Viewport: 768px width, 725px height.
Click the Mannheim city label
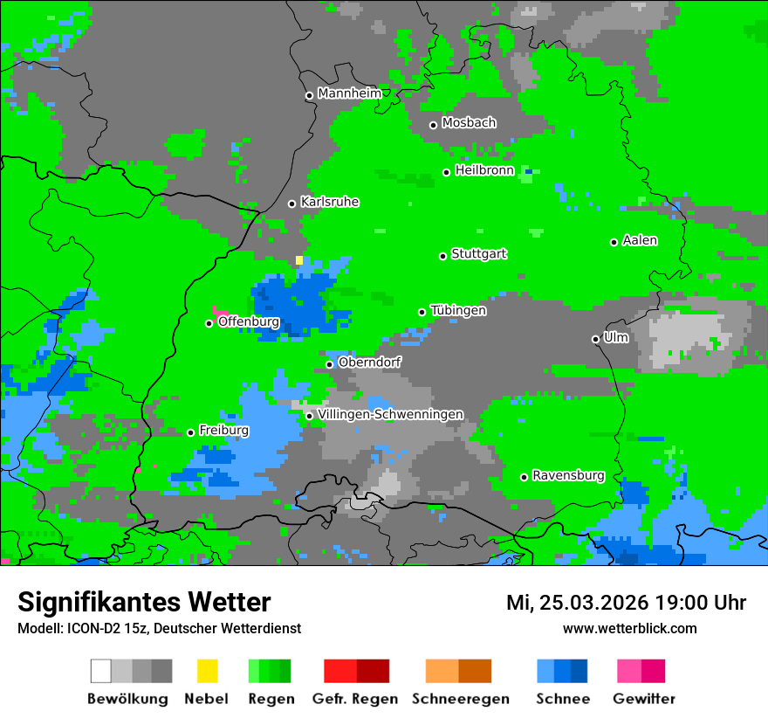(350, 93)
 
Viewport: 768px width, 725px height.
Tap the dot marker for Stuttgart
(443, 256)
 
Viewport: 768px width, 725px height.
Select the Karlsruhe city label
(330, 202)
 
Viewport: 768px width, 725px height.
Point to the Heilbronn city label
(484, 170)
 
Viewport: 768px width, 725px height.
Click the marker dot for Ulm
(596, 339)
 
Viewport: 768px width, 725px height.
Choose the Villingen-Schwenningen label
(391, 414)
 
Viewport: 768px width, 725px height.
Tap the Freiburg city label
(223, 431)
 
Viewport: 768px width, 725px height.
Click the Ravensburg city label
(568, 476)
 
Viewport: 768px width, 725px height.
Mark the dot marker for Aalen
(614, 242)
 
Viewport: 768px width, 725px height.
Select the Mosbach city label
(469, 123)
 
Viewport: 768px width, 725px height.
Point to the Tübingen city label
(458, 310)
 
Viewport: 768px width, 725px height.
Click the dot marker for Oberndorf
(329, 364)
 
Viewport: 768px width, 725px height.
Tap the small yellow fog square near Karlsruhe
(299, 259)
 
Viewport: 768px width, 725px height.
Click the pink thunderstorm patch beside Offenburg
(219, 311)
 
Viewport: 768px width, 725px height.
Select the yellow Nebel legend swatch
(207, 671)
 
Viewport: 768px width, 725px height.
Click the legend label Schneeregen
(461, 699)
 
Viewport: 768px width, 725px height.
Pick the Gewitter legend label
(644, 699)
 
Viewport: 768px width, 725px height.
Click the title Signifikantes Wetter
(144, 602)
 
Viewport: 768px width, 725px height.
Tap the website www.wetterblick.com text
(629, 628)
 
